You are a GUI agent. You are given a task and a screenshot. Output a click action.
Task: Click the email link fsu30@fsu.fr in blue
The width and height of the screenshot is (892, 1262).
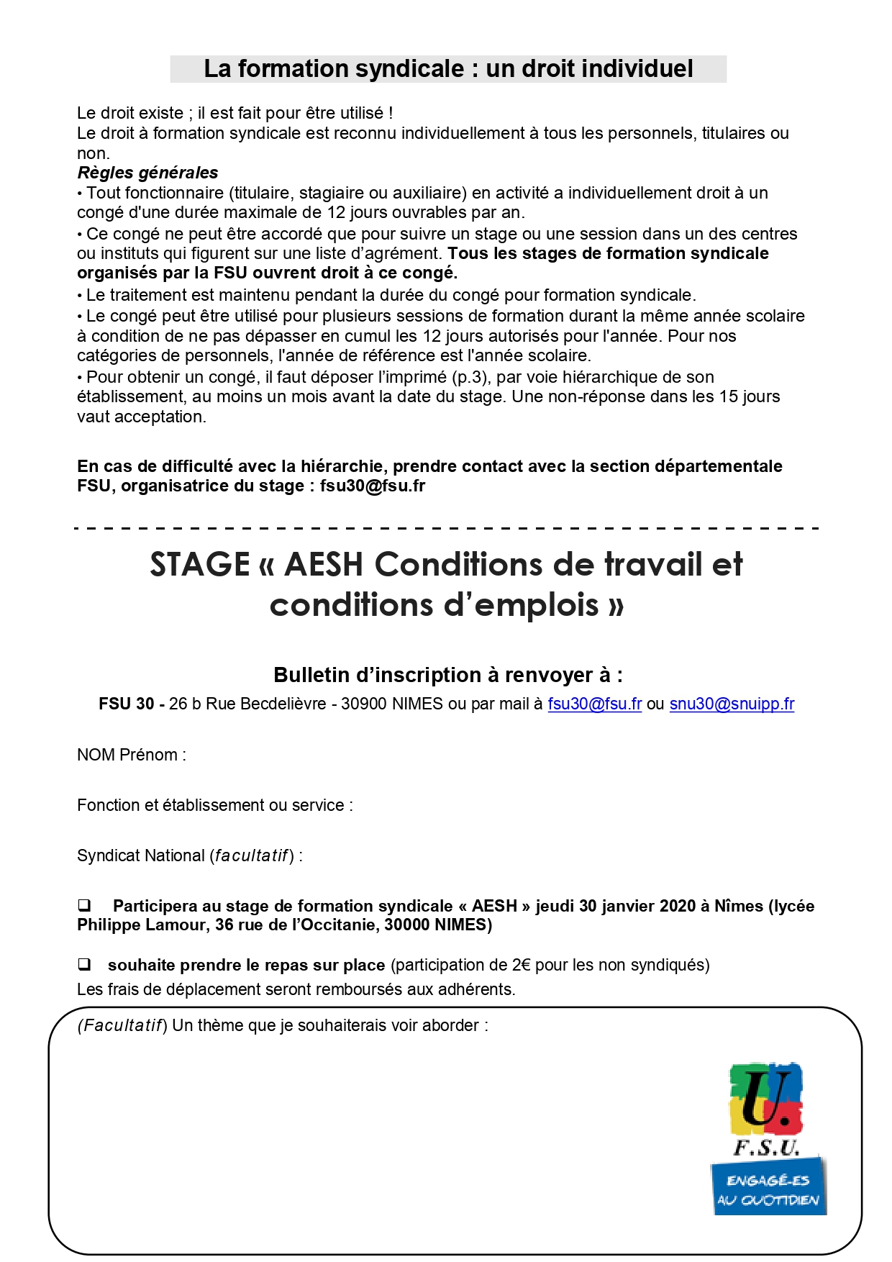click(x=594, y=704)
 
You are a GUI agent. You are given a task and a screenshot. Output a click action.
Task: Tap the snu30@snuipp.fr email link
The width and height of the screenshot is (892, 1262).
click(x=732, y=704)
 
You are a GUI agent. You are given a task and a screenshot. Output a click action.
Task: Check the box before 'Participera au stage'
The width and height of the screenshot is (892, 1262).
click(x=84, y=905)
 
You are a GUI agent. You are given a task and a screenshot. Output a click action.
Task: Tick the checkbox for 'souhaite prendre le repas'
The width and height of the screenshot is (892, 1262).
click(x=84, y=964)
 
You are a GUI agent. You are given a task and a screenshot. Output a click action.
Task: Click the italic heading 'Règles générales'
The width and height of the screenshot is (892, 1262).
click(x=147, y=173)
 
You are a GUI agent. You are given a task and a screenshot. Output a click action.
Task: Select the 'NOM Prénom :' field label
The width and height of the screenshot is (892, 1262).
click(x=132, y=755)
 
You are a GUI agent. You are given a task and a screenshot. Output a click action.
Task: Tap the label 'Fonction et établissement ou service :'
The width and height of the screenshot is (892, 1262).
click(x=214, y=805)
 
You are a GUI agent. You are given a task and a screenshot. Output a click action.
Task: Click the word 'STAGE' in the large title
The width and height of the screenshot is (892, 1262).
click(x=200, y=564)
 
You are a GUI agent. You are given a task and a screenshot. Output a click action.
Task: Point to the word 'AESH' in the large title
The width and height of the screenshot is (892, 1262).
click(x=324, y=564)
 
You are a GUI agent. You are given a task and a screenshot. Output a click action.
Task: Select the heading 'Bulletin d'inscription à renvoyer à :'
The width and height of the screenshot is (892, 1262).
click(x=447, y=675)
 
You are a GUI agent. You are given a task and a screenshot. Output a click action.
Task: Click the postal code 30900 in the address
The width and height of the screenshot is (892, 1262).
click(x=364, y=704)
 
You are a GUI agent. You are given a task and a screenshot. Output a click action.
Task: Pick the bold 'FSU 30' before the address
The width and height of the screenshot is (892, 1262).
click(x=126, y=704)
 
